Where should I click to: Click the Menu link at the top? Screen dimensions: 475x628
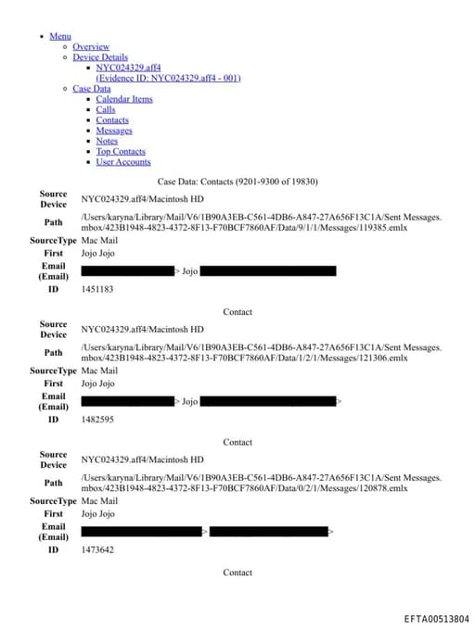[60, 36]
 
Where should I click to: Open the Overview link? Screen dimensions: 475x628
[91, 46]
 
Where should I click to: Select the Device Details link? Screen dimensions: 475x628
[100, 57]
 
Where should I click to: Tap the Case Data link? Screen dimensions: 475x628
[92, 89]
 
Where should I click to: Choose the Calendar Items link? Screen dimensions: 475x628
[124, 99]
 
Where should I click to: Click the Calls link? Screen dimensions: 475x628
[106, 110]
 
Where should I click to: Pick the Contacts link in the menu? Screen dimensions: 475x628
[112, 120]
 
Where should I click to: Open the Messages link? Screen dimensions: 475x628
[114, 131]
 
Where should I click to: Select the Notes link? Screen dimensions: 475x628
[107, 141]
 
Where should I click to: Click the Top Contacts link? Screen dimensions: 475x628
[121, 151]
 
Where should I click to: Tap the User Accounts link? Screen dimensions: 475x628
[123, 162]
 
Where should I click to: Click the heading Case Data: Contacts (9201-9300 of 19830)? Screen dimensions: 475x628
[237, 182]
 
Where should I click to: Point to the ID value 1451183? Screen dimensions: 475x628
[97, 290]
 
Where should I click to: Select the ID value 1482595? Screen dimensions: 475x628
[97, 420]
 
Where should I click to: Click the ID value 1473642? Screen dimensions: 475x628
[97, 550]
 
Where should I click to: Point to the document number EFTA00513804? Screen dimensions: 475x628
[437, 619]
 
